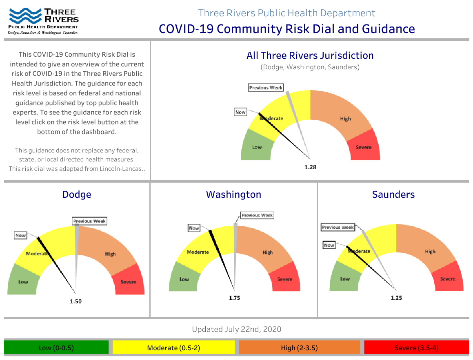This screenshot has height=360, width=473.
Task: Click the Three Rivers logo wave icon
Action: [x=25, y=15]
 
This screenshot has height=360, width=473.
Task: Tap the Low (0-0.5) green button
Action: [x=56, y=348]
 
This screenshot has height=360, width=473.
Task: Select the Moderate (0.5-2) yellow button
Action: [x=173, y=348]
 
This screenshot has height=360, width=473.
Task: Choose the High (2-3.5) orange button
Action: [x=299, y=348]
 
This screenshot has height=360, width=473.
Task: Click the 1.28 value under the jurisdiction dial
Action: [x=311, y=167]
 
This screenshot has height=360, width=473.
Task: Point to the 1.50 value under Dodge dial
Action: [x=76, y=301]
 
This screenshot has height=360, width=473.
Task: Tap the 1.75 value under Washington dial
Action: [x=234, y=298]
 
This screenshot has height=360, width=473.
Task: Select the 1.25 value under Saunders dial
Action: [x=396, y=298]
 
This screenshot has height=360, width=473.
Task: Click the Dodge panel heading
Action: [x=77, y=194]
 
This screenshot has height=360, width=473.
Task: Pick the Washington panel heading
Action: [x=233, y=194]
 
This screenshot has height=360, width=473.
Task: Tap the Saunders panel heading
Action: [x=393, y=194]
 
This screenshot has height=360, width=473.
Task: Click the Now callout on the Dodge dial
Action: [x=20, y=235]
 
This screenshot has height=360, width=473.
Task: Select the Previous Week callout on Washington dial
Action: [x=258, y=215]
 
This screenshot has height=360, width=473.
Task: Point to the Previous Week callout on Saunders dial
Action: [x=338, y=227]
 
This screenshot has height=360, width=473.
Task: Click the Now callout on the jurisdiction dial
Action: [x=240, y=112]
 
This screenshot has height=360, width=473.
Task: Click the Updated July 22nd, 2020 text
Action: [x=237, y=329]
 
